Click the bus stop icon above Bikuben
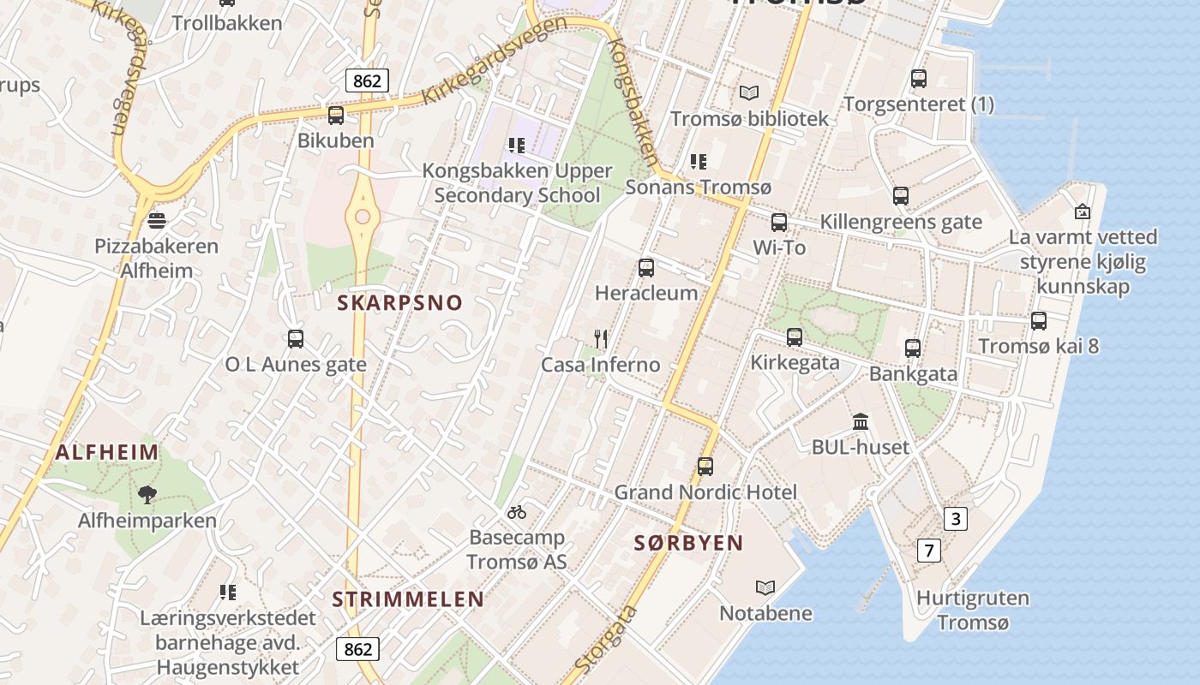click(x=336, y=115)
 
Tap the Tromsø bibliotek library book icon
click(x=749, y=92)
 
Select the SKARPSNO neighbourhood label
click(x=399, y=302)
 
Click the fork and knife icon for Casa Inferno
click(x=601, y=339)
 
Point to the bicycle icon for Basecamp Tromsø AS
click(x=517, y=512)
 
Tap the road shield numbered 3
click(x=956, y=518)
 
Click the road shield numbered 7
click(x=928, y=550)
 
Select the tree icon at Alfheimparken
click(x=147, y=494)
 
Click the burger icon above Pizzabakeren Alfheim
click(x=156, y=221)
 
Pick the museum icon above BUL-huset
click(x=861, y=421)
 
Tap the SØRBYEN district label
click(x=688, y=543)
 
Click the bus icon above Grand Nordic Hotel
click(x=705, y=467)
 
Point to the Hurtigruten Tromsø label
click(x=972, y=610)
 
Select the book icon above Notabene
click(x=765, y=587)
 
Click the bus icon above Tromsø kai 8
click(x=1039, y=321)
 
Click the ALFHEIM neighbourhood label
click(x=107, y=452)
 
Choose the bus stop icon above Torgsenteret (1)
click(x=919, y=79)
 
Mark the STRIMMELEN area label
click(x=408, y=599)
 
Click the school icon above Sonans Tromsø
click(x=699, y=161)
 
